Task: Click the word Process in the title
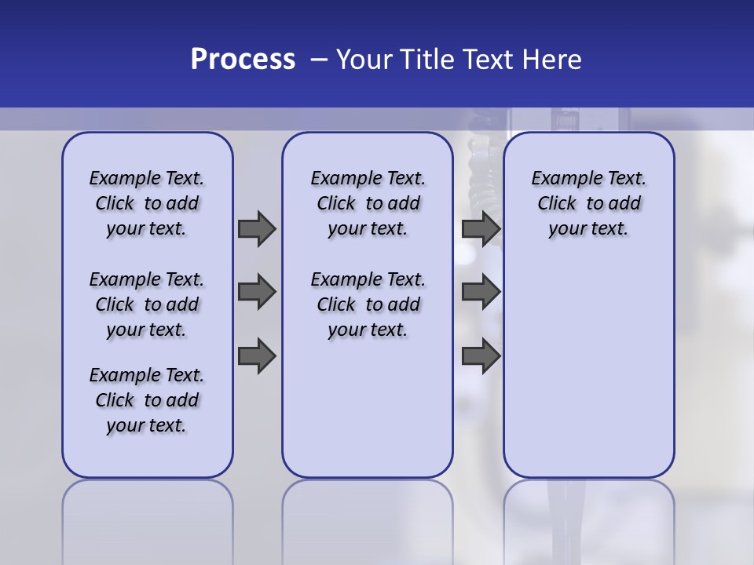(x=243, y=60)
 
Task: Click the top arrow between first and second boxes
(x=257, y=228)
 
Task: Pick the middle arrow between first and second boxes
(x=257, y=292)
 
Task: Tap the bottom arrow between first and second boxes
(x=257, y=356)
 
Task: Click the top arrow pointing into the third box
(x=481, y=228)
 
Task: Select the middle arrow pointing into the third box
(x=481, y=292)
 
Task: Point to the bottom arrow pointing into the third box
(x=481, y=356)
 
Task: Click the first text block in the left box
(x=147, y=203)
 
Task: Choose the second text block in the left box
(x=147, y=304)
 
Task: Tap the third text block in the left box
(x=147, y=400)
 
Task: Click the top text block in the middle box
(x=368, y=203)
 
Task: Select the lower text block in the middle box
(x=368, y=304)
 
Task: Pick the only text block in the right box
(x=588, y=203)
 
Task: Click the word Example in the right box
(x=562, y=179)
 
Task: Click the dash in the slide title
(x=318, y=60)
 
